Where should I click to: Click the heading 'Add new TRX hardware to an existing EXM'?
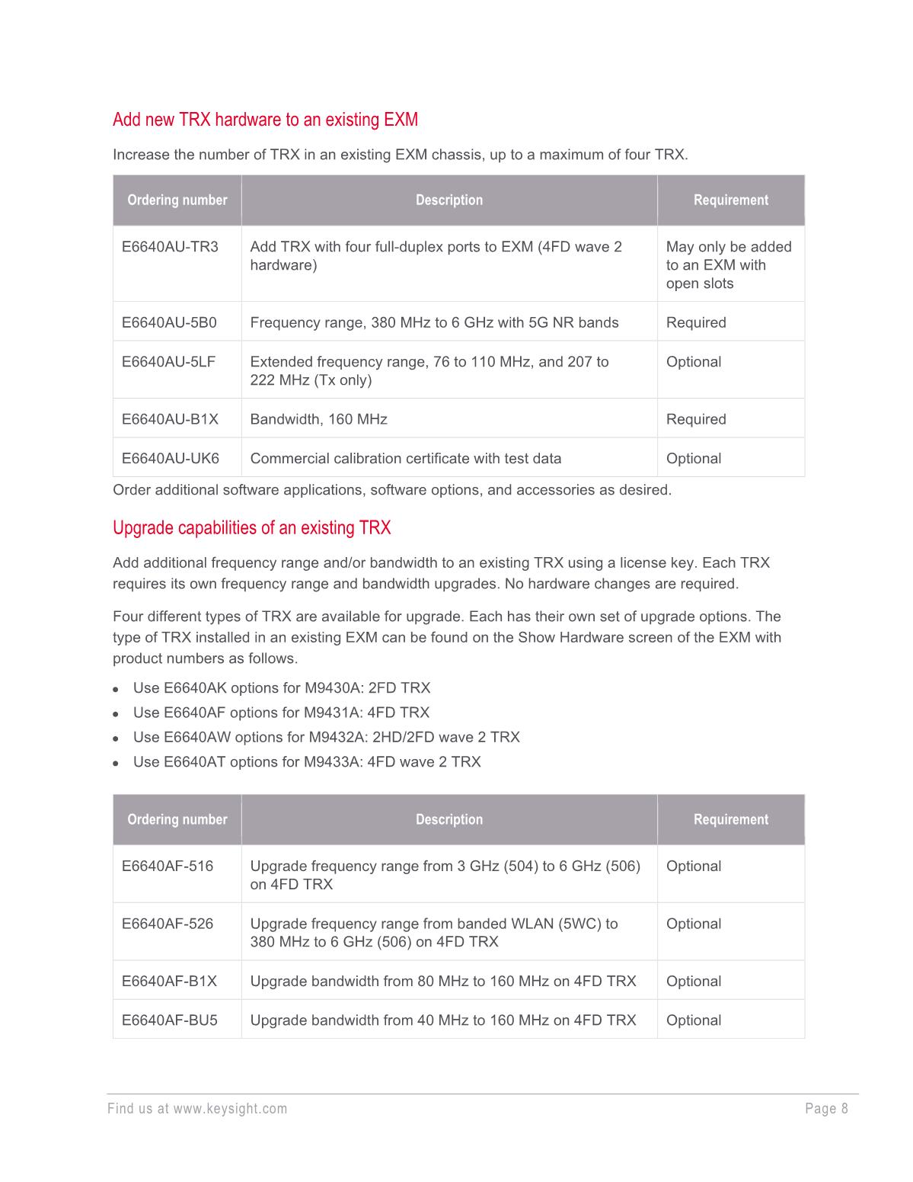pos(265,120)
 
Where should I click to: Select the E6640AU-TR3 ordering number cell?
pos(170,247)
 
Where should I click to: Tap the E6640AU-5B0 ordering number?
pos(169,322)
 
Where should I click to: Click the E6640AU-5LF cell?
pos(168,362)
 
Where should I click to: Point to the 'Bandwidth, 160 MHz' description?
pos(318,419)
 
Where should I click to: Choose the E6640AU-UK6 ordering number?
pos(170,459)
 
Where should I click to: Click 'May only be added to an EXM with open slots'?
pos(728,265)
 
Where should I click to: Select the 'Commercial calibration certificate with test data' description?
pos(405,459)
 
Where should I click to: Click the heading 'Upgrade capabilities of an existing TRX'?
pos(251,528)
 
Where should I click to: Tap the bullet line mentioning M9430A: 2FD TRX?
pos(281,688)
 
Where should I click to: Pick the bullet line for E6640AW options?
pos(326,737)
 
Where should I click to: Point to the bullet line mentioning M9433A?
pos(306,762)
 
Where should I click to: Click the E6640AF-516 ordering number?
pos(168,866)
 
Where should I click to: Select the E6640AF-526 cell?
pos(168,924)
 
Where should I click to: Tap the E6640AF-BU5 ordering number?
pos(169,1020)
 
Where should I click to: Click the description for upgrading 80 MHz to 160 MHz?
pos(442,982)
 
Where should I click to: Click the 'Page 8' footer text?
pos(826,1109)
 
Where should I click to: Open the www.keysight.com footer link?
pos(230,1109)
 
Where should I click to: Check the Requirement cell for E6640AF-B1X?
pos(693,982)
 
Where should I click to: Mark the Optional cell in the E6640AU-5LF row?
pos(693,362)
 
